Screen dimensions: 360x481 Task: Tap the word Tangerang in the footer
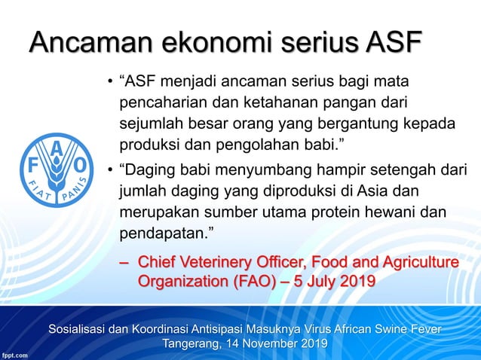pyautogui.click(x=193, y=343)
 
